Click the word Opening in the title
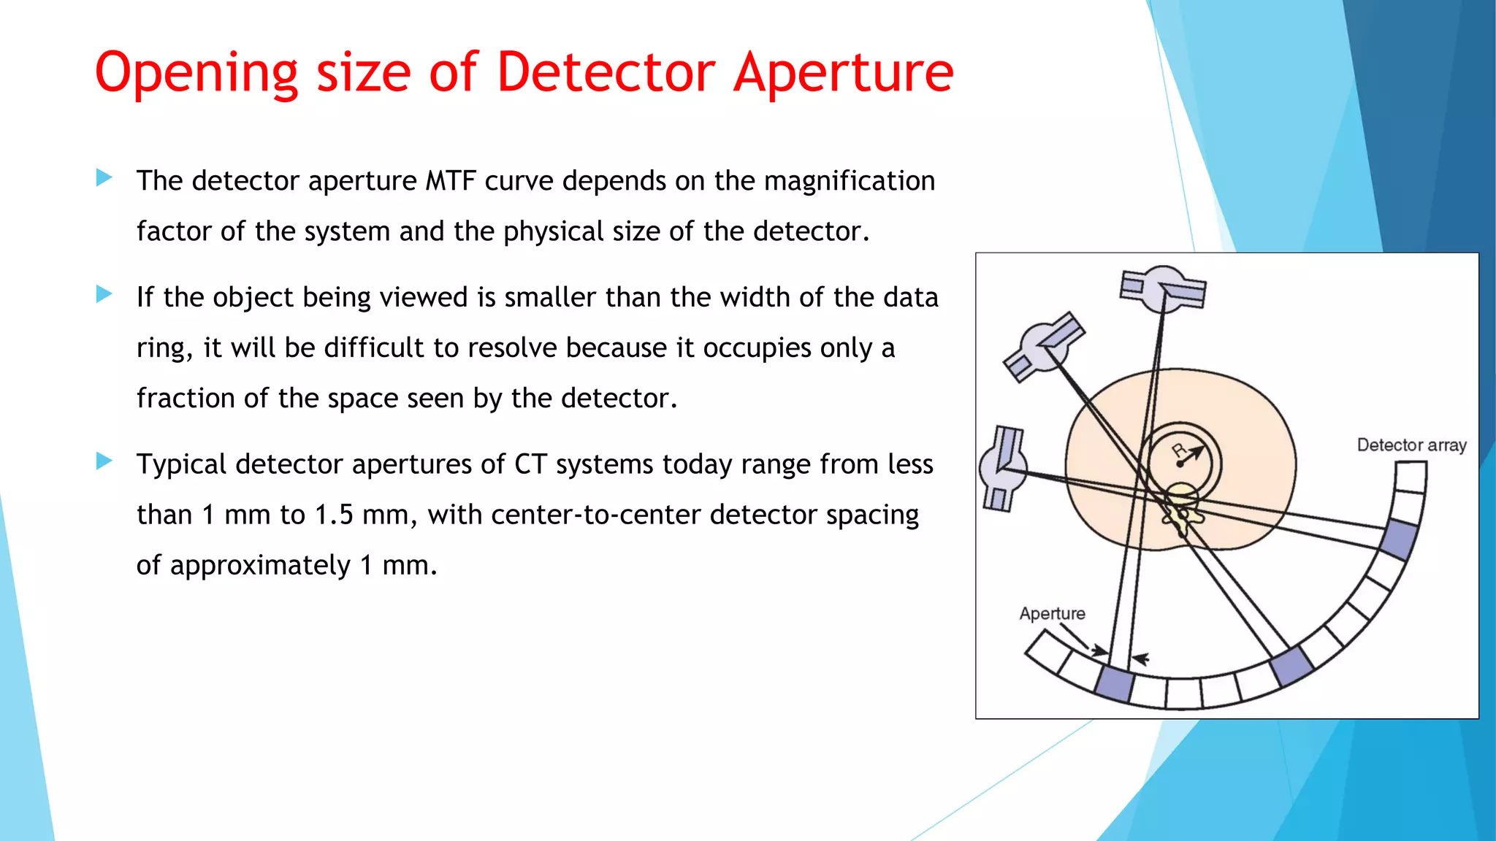(196, 73)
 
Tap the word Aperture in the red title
(844, 73)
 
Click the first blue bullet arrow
(104, 177)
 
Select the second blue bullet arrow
(104, 294)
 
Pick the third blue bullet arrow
(104, 461)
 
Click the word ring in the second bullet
(162, 348)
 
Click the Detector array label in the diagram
(1411, 445)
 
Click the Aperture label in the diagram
(1052, 613)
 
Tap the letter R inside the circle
(1178, 450)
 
